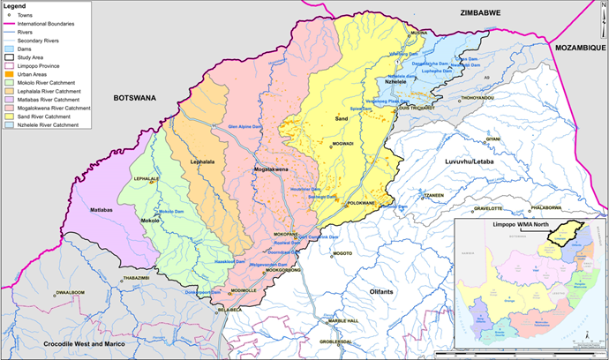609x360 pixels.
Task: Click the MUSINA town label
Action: tap(418, 33)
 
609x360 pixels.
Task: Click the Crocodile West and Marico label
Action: tap(67, 341)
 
